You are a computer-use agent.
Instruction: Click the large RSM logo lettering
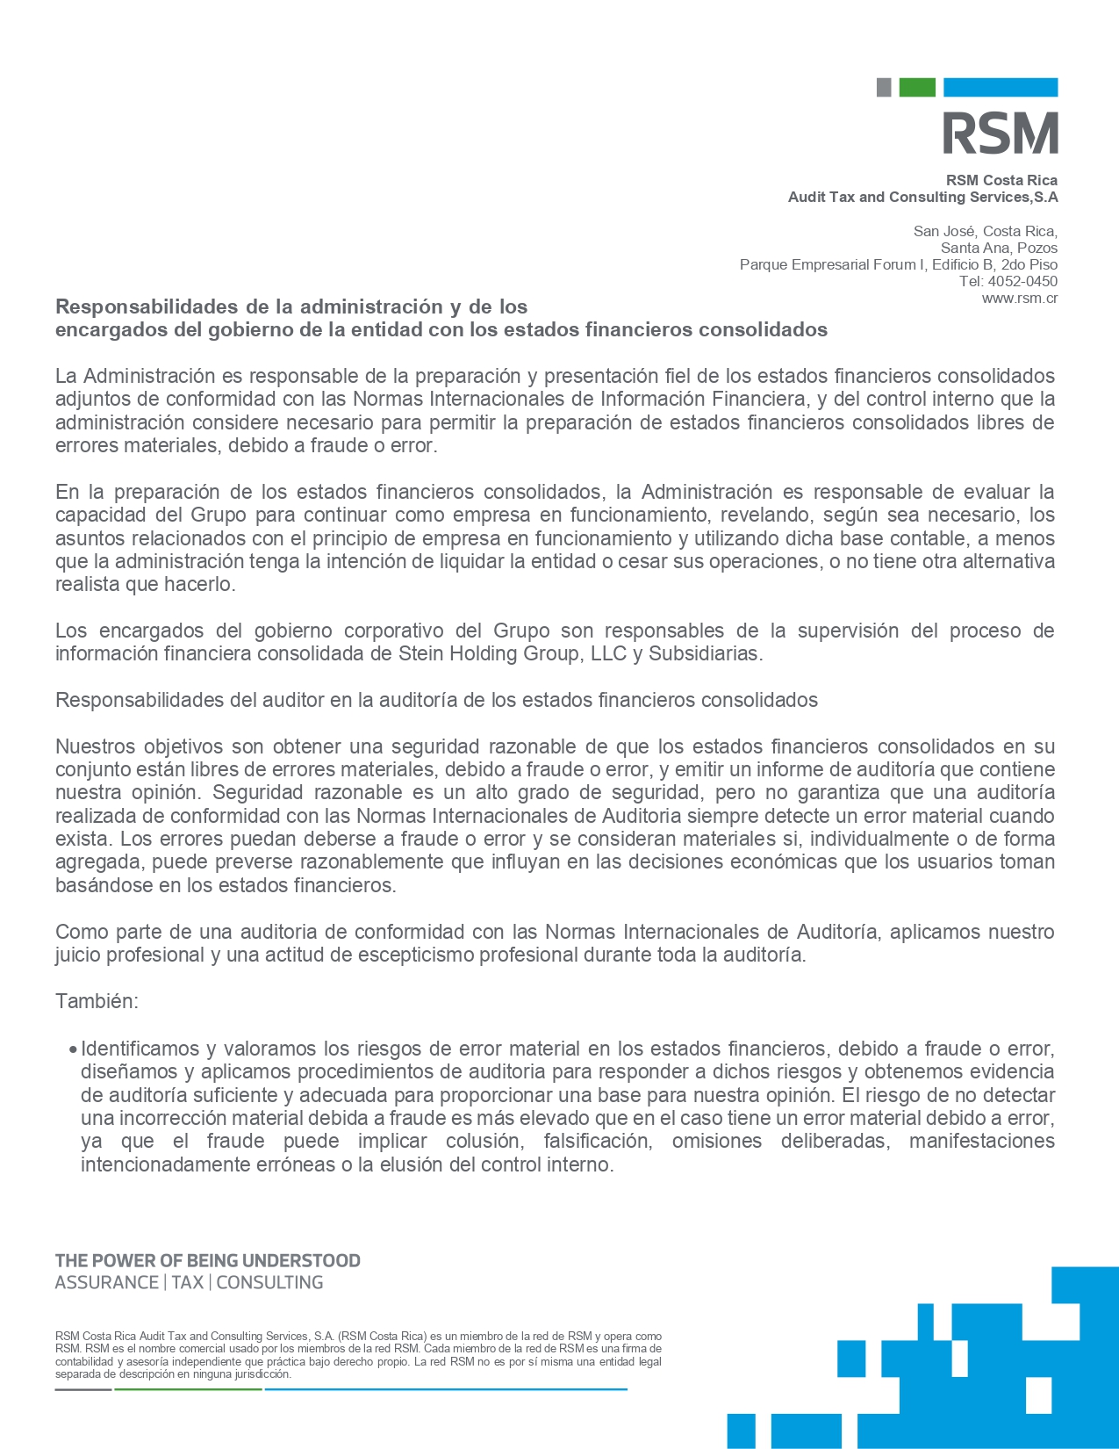[x=1001, y=133]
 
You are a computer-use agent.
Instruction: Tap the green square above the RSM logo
[x=917, y=87]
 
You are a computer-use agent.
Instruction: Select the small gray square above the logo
[x=884, y=87]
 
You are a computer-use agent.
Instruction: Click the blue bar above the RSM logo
[x=1001, y=87]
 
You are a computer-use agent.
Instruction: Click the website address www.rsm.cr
[x=1019, y=298]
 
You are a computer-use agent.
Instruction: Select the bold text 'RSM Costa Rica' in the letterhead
[x=1001, y=180]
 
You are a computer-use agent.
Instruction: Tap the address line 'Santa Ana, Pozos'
[x=999, y=248]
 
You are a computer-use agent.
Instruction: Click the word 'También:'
[x=97, y=1001]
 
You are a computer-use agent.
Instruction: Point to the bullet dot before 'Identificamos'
[x=73, y=1049]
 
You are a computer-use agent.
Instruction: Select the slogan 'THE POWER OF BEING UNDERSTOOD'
[x=208, y=1260]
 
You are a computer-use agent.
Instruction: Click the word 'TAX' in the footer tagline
[x=187, y=1282]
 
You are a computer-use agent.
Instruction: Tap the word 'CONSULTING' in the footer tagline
[x=269, y=1282]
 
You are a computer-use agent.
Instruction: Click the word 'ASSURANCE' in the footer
[x=106, y=1282]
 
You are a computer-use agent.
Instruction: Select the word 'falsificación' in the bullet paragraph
[x=597, y=1141]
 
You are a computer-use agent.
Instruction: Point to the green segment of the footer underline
[x=188, y=1389]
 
